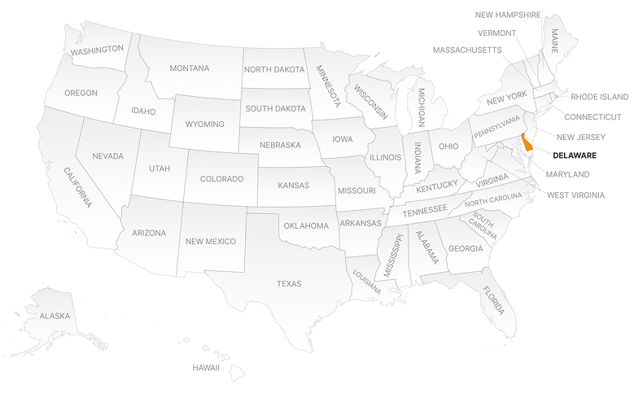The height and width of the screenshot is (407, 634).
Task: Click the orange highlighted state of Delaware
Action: pos(527,145)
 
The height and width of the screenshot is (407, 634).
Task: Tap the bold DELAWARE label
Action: pos(575,155)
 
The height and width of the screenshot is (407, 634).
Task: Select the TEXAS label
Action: pos(289,284)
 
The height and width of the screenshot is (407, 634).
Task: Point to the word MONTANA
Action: pos(189,68)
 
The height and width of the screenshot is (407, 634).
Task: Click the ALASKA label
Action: pos(55,316)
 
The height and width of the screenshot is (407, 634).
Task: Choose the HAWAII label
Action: pos(206,368)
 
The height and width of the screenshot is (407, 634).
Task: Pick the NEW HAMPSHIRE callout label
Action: pos(508,15)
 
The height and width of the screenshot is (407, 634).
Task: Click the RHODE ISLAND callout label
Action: pos(600,97)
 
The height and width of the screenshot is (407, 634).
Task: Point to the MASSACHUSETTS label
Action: pos(467,50)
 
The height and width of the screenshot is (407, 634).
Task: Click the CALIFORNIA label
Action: pos(78,186)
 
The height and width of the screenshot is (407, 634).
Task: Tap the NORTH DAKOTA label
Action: pos(274,69)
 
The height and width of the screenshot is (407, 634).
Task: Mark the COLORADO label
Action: pos(222,179)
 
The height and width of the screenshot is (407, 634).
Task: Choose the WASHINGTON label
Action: pos(97,50)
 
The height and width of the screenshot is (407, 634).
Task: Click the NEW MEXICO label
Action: pos(210,242)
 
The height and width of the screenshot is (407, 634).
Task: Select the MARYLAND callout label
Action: pos(567,175)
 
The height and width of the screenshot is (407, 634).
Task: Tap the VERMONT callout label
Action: pos(496,33)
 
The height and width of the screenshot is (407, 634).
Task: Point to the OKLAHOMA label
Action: pos(305,225)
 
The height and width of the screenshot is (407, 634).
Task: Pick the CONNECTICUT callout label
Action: pos(592,117)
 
